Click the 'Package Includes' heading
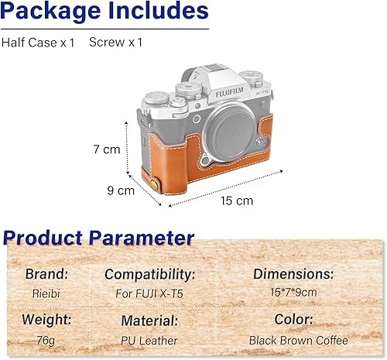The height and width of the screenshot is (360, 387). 105,12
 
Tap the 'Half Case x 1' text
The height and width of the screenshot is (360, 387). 39,42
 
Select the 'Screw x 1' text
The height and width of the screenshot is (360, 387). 116,42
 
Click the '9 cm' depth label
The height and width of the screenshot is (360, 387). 122,190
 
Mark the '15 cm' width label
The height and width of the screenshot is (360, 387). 236,201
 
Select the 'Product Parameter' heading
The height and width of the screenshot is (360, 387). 98,237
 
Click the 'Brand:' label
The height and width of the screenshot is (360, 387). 46,274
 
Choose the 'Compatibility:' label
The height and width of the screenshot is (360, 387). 149,274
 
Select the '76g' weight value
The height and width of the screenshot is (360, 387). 46,340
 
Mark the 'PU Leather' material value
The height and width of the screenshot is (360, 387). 149,340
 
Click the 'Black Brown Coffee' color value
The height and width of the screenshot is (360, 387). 298,340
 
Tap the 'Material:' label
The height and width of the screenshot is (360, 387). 149,320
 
